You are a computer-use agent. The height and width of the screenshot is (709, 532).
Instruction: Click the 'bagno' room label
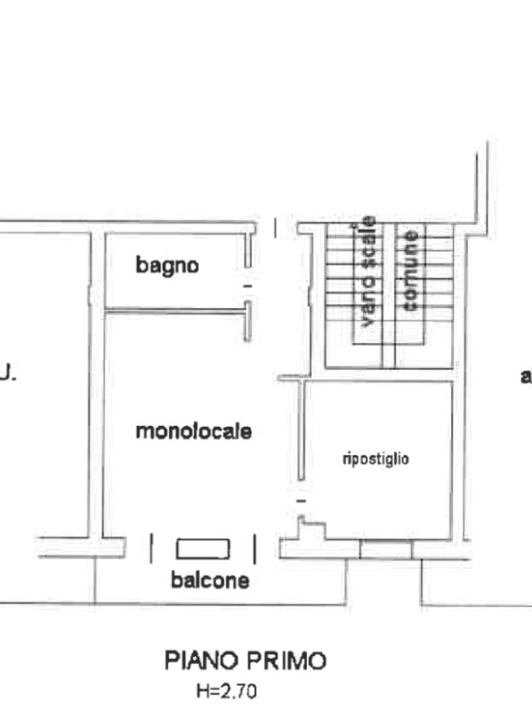tap(167, 266)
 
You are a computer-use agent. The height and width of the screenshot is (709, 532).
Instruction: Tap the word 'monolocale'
tap(194, 431)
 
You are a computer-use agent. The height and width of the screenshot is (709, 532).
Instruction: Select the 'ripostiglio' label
tap(376, 459)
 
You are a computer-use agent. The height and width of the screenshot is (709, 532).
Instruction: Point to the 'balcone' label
tap(210, 580)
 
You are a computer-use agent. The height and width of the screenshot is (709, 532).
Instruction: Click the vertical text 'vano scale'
tap(369, 271)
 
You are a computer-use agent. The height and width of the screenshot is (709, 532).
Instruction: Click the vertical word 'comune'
tap(410, 271)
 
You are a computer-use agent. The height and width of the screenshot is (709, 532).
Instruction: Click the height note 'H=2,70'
tap(227, 691)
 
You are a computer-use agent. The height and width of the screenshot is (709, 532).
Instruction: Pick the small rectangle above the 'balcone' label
tap(203, 549)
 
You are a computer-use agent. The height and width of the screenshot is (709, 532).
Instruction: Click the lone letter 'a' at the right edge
tap(526, 376)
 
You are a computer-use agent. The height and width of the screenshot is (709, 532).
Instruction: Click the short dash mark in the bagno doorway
tap(247, 286)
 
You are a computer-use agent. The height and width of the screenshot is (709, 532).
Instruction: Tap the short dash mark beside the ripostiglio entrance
tap(301, 501)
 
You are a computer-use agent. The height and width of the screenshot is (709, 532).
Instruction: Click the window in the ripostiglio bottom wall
tap(386, 549)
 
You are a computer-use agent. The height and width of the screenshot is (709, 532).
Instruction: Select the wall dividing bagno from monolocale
tap(177, 311)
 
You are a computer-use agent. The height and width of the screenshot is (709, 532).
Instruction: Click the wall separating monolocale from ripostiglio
tap(301, 430)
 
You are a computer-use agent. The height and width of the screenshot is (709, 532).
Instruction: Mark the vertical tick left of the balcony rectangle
tap(152, 548)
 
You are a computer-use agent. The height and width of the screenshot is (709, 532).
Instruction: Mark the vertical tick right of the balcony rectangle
tap(255, 549)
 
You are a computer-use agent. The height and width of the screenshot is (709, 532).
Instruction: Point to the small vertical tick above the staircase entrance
tap(275, 228)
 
